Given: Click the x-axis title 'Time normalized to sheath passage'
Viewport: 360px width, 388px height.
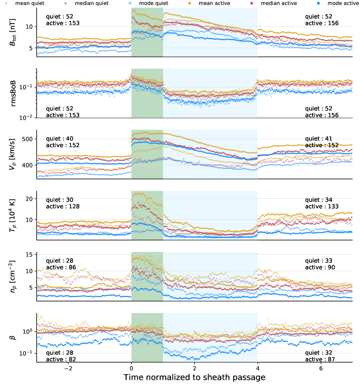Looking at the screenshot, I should coord(194,378).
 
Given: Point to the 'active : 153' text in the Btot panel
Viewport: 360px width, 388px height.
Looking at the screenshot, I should coord(63,24).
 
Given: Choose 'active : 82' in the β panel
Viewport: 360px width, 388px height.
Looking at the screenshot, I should coord(61,359).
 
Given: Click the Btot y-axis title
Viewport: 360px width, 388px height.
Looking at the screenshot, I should coord(13,33).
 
